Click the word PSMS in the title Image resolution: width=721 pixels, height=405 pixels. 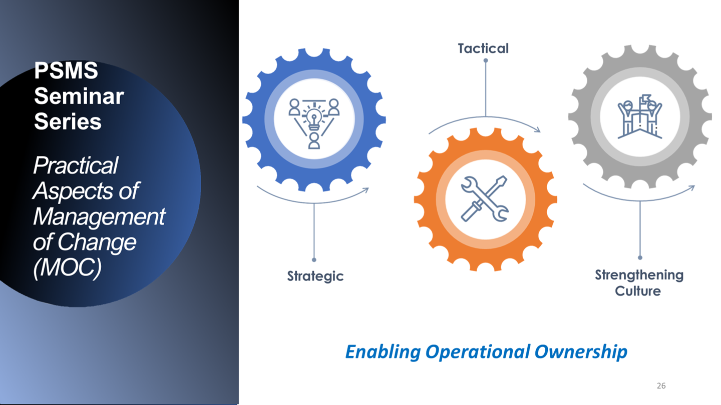click(66, 70)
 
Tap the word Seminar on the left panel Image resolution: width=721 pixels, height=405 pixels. click(79, 96)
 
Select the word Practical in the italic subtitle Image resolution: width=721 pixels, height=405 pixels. click(76, 166)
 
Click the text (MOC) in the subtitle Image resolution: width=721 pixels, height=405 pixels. click(67, 267)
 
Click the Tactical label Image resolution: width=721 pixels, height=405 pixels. click(483, 48)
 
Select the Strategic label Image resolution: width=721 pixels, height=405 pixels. click(315, 276)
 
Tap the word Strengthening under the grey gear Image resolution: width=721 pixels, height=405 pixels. click(639, 275)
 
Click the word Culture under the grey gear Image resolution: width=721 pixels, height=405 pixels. click(638, 291)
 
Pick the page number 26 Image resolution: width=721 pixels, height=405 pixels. click(661, 385)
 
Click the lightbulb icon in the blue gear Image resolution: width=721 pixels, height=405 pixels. click(314, 118)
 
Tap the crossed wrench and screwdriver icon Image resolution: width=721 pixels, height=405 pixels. click(485, 199)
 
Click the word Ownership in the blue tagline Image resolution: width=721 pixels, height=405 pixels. click(581, 351)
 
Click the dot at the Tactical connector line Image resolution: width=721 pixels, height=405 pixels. click(486, 60)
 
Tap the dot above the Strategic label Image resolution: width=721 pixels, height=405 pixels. click(314, 259)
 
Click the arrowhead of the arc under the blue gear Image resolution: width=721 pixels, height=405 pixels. click(366, 190)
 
